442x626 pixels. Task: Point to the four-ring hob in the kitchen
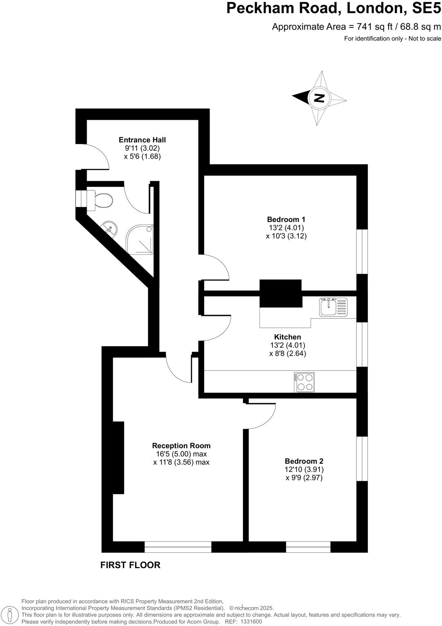click(304, 382)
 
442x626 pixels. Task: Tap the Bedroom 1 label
click(286, 219)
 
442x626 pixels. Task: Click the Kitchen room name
click(287, 337)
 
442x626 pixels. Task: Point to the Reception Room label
click(181, 445)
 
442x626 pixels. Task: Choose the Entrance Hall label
click(142, 140)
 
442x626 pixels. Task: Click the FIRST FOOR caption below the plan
click(130, 565)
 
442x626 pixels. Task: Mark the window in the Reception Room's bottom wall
click(178, 547)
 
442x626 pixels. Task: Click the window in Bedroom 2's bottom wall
click(308, 547)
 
